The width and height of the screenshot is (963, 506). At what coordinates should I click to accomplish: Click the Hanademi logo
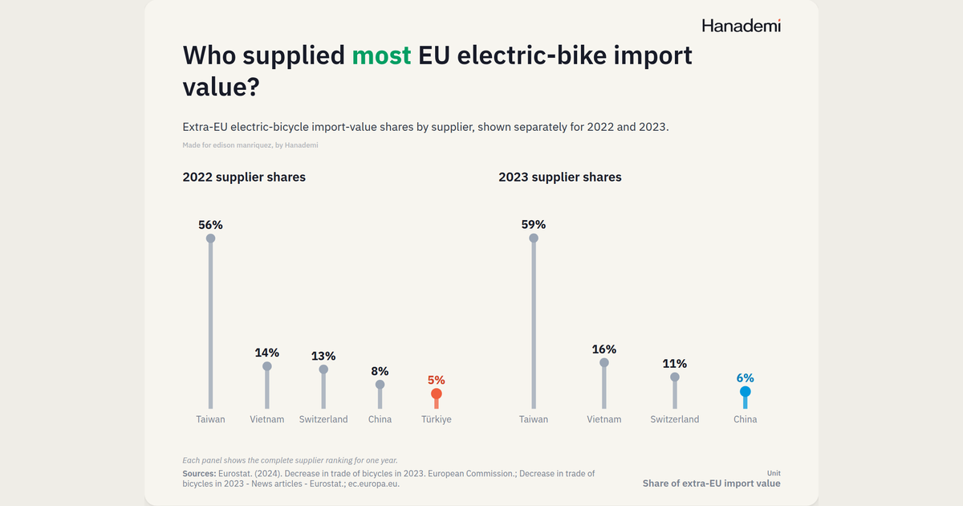[x=742, y=26]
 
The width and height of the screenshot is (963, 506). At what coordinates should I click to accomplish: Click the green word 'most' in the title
[x=381, y=55]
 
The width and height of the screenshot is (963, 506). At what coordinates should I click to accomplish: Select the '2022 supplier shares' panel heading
[x=244, y=178]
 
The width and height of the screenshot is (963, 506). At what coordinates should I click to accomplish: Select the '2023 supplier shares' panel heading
[x=560, y=178]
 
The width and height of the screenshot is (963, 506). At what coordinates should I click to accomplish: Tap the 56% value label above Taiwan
[x=210, y=225]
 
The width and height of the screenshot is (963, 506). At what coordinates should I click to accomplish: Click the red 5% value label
[x=437, y=380]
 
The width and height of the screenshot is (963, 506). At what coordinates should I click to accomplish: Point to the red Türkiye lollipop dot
[x=437, y=394]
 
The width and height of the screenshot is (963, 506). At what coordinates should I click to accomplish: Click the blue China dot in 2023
[x=745, y=392]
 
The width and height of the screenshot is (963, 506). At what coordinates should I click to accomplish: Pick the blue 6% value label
[x=745, y=377]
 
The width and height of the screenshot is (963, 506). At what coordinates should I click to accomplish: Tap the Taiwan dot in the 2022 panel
[x=210, y=239]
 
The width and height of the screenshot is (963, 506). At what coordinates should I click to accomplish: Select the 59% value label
[x=534, y=224]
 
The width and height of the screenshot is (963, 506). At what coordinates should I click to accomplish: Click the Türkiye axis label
[x=437, y=419]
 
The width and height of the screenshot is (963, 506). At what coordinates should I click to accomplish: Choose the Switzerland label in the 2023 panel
[x=675, y=419]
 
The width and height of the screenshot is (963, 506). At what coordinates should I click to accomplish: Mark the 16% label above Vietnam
[x=604, y=349]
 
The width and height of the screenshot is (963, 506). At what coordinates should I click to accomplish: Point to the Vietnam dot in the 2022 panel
[x=267, y=366]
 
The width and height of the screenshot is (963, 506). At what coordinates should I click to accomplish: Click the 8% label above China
[x=380, y=371]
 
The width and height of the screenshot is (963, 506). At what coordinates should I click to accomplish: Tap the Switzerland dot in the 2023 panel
[x=675, y=377]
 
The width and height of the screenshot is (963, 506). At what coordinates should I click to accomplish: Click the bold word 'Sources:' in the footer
[x=199, y=474]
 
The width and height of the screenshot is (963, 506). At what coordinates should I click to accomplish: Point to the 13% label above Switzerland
[x=323, y=356]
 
